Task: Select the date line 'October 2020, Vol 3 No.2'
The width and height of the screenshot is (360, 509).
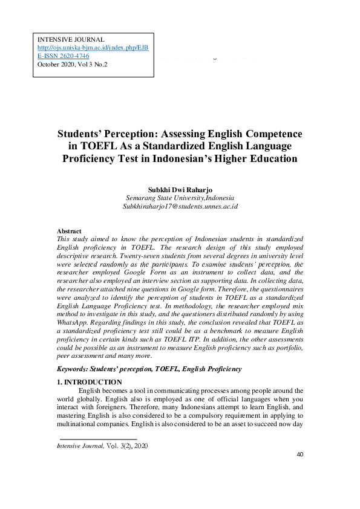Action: pos(72,63)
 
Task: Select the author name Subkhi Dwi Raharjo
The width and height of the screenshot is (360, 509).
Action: pos(180,189)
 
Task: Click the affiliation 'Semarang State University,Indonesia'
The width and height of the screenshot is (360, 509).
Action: pos(180,198)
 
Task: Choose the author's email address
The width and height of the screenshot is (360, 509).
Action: pos(180,206)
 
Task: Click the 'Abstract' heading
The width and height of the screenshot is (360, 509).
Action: pos(69,231)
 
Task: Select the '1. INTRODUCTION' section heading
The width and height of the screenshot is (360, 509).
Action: pos(89,382)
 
